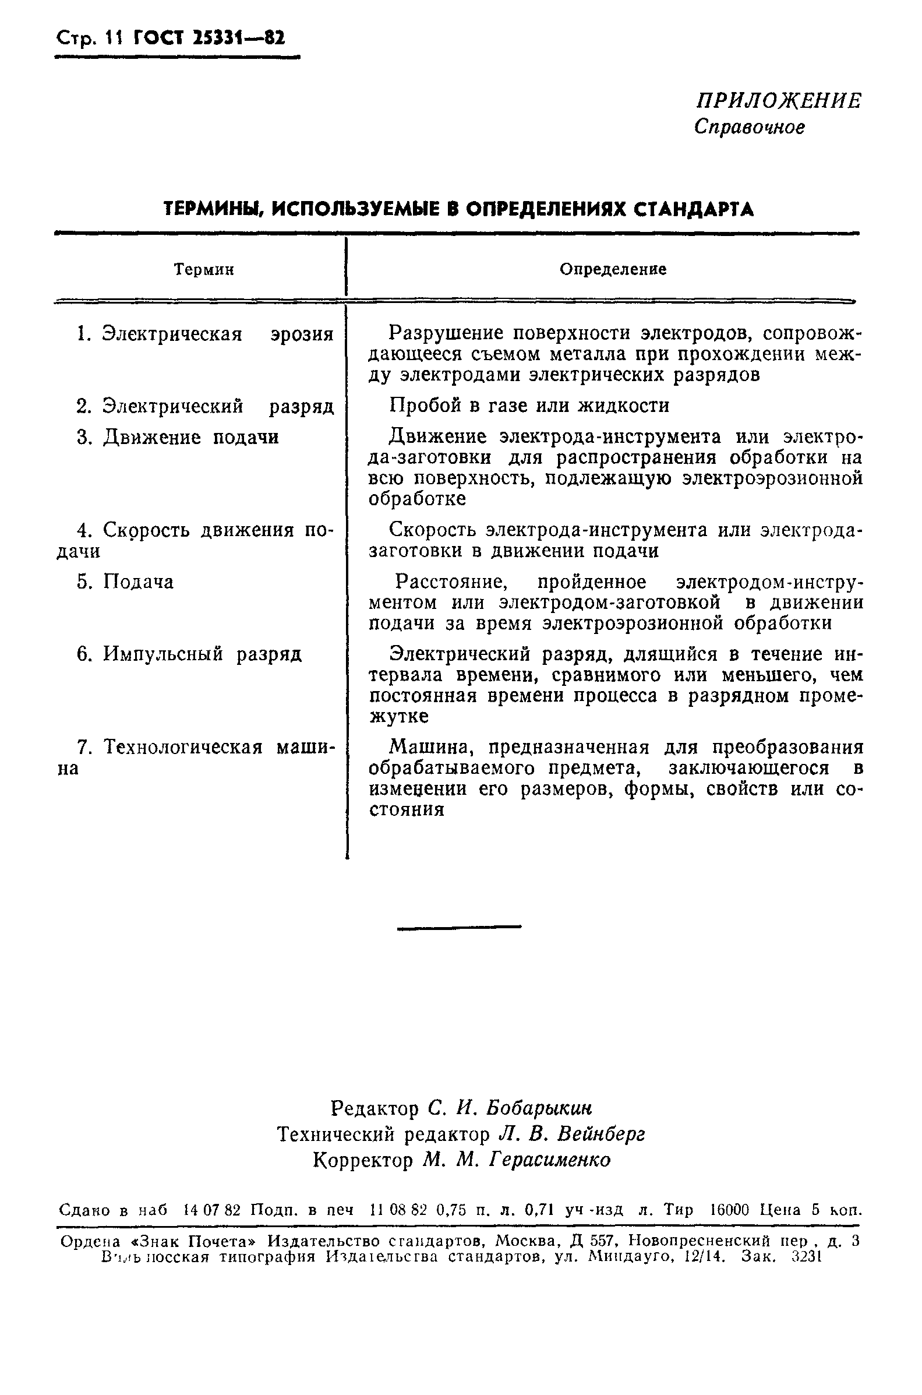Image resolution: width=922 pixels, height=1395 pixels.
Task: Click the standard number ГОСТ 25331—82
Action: pos(209,39)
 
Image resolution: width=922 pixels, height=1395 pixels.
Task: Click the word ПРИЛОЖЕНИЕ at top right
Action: pos(779,101)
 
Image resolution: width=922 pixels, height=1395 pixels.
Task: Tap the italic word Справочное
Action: pos(749,127)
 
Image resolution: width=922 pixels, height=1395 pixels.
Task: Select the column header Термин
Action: pos(204,270)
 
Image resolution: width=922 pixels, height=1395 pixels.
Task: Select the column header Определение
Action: pos(613,269)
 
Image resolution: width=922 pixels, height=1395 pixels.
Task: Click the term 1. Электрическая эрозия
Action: pos(205,334)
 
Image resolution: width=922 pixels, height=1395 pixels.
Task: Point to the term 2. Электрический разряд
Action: pos(205,406)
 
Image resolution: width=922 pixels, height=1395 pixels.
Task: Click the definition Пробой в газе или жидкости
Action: pos(529,406)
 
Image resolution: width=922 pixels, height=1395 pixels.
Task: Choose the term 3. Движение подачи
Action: pos(178,438)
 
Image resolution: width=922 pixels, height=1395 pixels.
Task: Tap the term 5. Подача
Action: pos(126,582)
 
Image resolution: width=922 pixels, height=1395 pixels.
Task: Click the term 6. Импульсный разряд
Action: pos(189,654)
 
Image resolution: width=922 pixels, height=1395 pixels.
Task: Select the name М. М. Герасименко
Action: pos(517,1160)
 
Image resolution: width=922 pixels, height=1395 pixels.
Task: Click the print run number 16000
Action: pos(730,1210)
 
